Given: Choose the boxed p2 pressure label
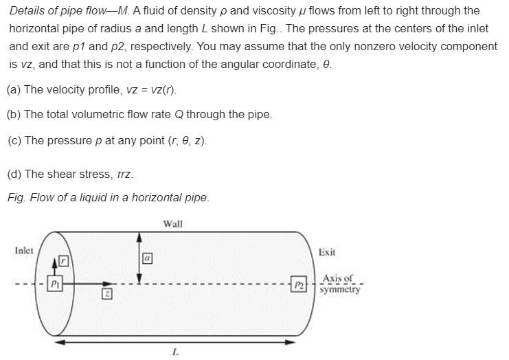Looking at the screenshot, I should tap(297, 283).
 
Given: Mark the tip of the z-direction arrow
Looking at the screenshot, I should tap(108, 282).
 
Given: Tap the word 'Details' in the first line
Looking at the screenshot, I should tap(27, 12).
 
